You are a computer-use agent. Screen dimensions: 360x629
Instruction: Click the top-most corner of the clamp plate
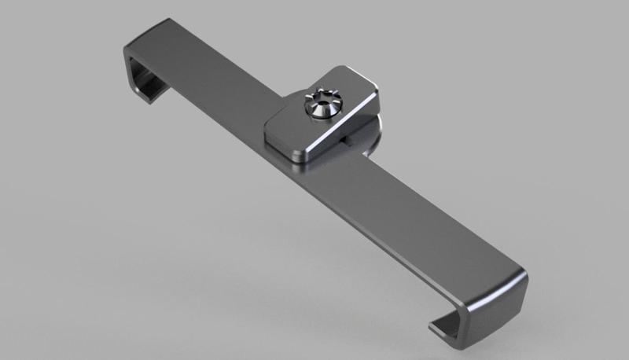[x=333, y=68]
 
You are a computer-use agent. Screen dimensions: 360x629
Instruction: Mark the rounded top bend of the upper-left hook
[x=134, y=43]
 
